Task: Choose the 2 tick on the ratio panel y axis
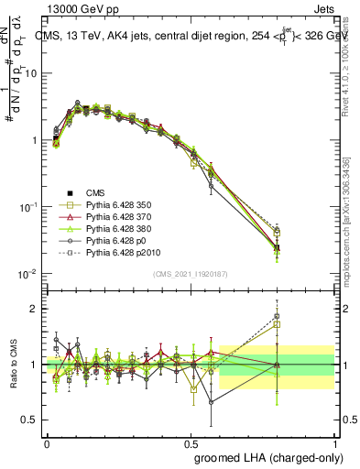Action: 38,309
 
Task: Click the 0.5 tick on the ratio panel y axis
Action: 33,420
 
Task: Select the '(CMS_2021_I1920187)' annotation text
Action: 191,274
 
